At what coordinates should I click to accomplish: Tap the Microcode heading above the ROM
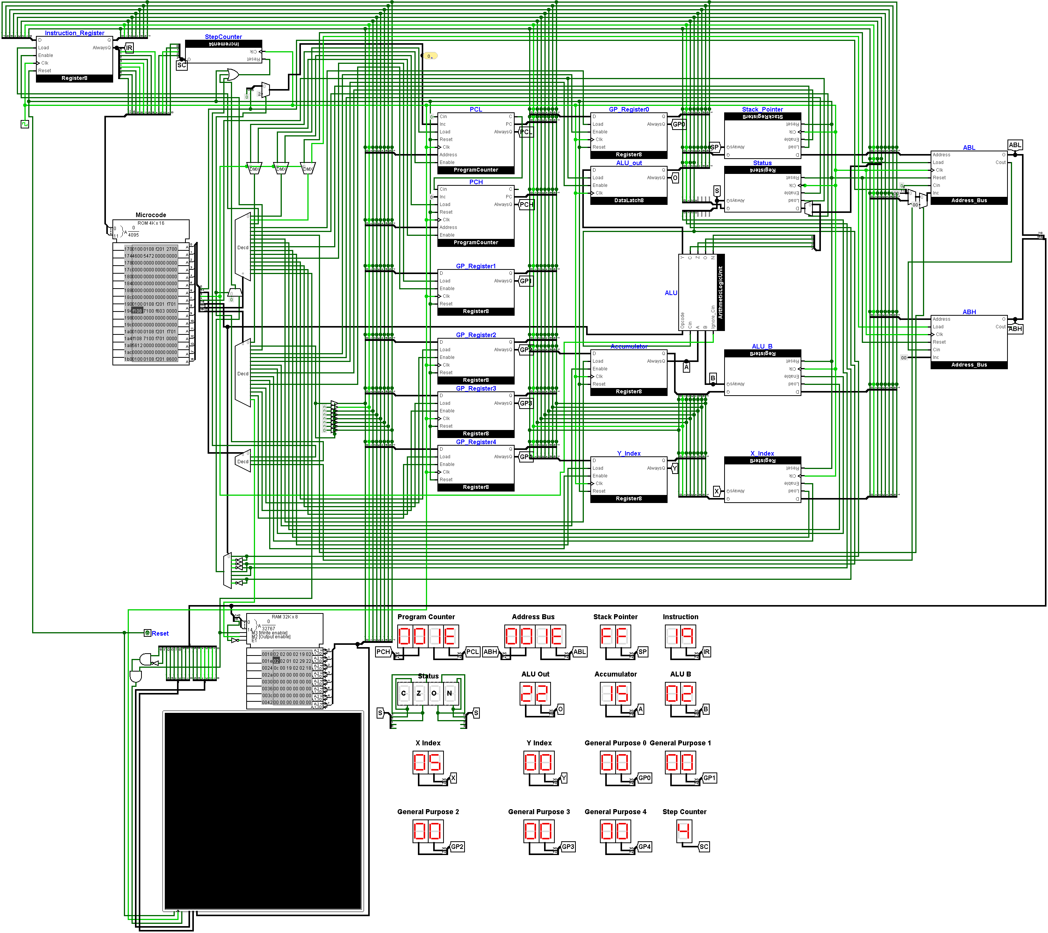point(150,215)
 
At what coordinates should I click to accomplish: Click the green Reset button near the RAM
point(147,633)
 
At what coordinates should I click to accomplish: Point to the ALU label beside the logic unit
point(671,293)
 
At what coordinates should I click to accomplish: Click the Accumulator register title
point(629,347)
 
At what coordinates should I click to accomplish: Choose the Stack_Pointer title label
point(762,109)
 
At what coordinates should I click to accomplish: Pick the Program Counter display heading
point(426,617)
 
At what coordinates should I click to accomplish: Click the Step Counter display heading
point(684,811)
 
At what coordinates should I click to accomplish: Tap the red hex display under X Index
point(427,762)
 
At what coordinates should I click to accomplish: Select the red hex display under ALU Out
point(535,694)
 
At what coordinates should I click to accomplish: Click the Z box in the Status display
point(419,693)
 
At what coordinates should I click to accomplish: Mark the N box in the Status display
point(449,693)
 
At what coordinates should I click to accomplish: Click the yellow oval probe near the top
point(430,56)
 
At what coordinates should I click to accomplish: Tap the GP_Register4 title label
point(476,442)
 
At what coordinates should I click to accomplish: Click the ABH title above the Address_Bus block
point(968,312)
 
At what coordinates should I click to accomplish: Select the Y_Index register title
point(629,453)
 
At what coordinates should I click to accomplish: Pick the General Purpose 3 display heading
point(538,811)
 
